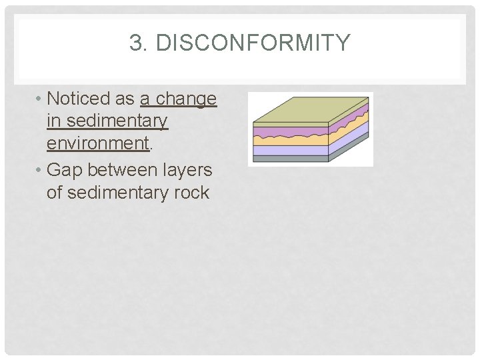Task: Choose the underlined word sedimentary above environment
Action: [107, 122]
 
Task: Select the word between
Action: [123, 170]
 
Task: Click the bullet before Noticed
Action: [40, 99]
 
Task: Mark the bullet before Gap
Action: [40, 171]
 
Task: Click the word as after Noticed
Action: [125, 99]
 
